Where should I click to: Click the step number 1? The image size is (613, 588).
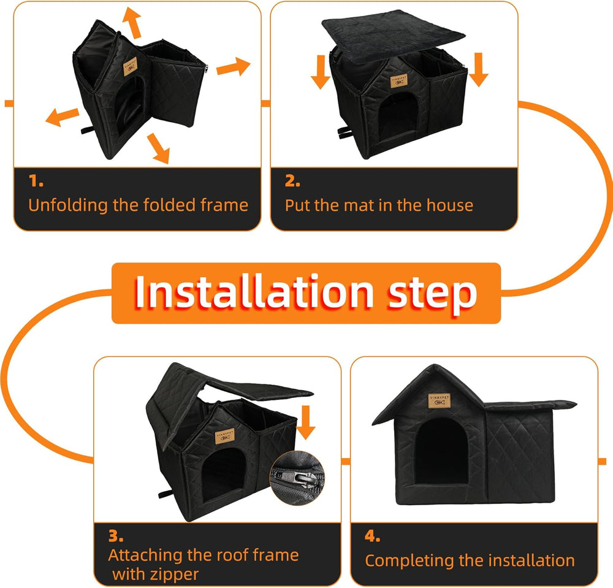(x=36, y=181)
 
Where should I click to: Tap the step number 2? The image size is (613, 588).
(x=292, y=181)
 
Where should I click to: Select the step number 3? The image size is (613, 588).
(x=115, y=536)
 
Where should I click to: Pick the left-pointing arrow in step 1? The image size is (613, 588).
(x=63, y=116)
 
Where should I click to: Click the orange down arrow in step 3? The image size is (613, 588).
(x=308, y=424)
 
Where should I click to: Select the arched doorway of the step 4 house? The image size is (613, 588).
(x=441, y=451)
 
